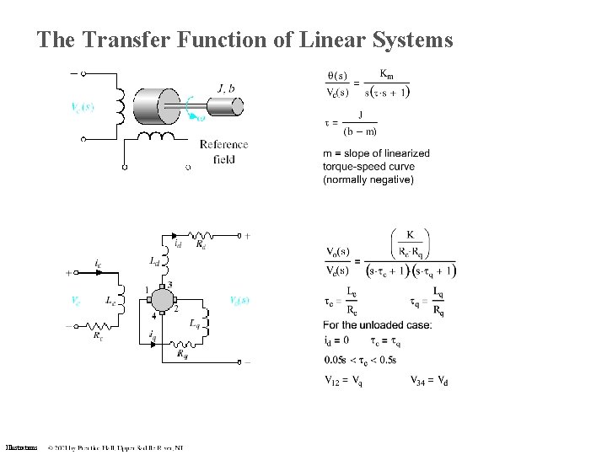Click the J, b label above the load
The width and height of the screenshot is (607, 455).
click(227, 87)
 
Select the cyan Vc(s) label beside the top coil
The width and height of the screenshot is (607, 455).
click(83, 107)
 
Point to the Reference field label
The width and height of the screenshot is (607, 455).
click(223, 152)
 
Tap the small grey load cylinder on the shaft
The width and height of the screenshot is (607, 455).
click(226, 107)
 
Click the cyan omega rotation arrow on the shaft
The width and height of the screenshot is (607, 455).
click(195, 110)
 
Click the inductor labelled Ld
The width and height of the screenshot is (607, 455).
click(169, 263)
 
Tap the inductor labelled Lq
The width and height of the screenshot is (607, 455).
click(207, 321)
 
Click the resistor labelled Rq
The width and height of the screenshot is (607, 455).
click(184, 345)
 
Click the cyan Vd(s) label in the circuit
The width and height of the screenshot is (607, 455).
click(239, 299)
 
